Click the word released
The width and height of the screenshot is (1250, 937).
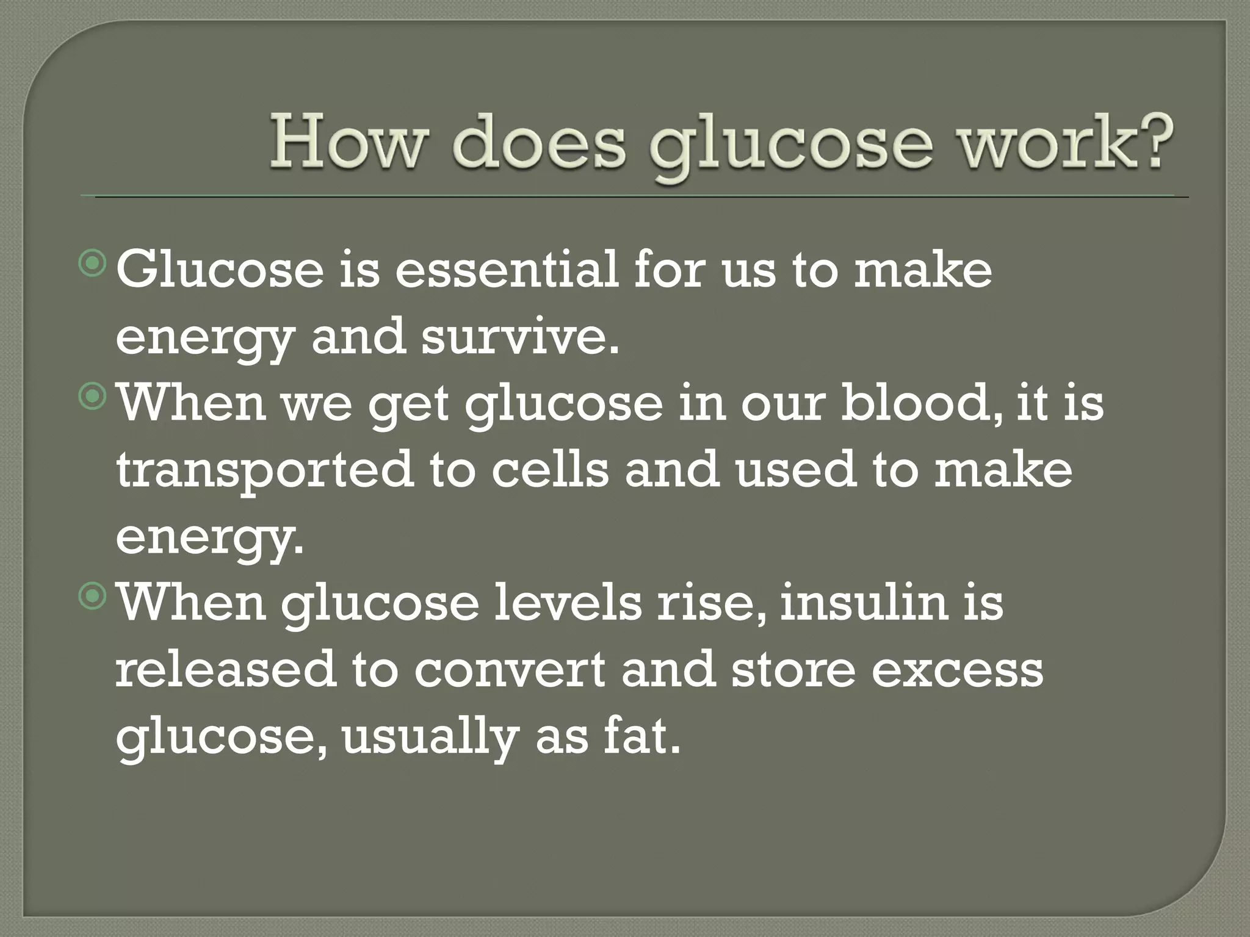(x=226, y=669)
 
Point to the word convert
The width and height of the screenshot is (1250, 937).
(x=510, y=669)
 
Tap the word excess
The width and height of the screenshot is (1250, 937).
(x=957, y=669)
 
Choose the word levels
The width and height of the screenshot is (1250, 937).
(x=568, y=602)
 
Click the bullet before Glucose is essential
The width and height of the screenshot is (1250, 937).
(x=93, y=264)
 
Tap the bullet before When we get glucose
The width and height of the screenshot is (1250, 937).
(x=93, y=397)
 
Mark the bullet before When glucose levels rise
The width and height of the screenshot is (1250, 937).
(x=93, y=596)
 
